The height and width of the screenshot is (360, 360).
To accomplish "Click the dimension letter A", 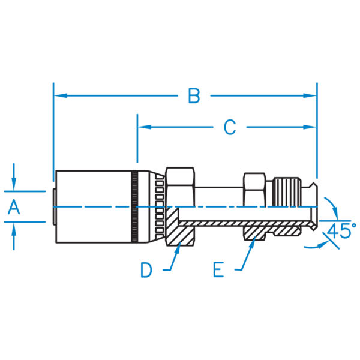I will tap(14, 207).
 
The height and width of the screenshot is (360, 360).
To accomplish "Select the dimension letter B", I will tap(193, 95).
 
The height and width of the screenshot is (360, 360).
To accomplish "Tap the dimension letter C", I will tap(229, 127).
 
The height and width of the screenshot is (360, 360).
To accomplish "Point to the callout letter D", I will tap(146, 270).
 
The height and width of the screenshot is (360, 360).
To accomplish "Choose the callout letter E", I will tap(218, 270).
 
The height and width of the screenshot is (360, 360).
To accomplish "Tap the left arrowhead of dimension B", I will tap(59, 95).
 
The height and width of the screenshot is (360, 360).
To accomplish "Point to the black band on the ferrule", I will tap(135, 207).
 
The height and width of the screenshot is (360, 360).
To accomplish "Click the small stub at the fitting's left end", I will tap(52, 207).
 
